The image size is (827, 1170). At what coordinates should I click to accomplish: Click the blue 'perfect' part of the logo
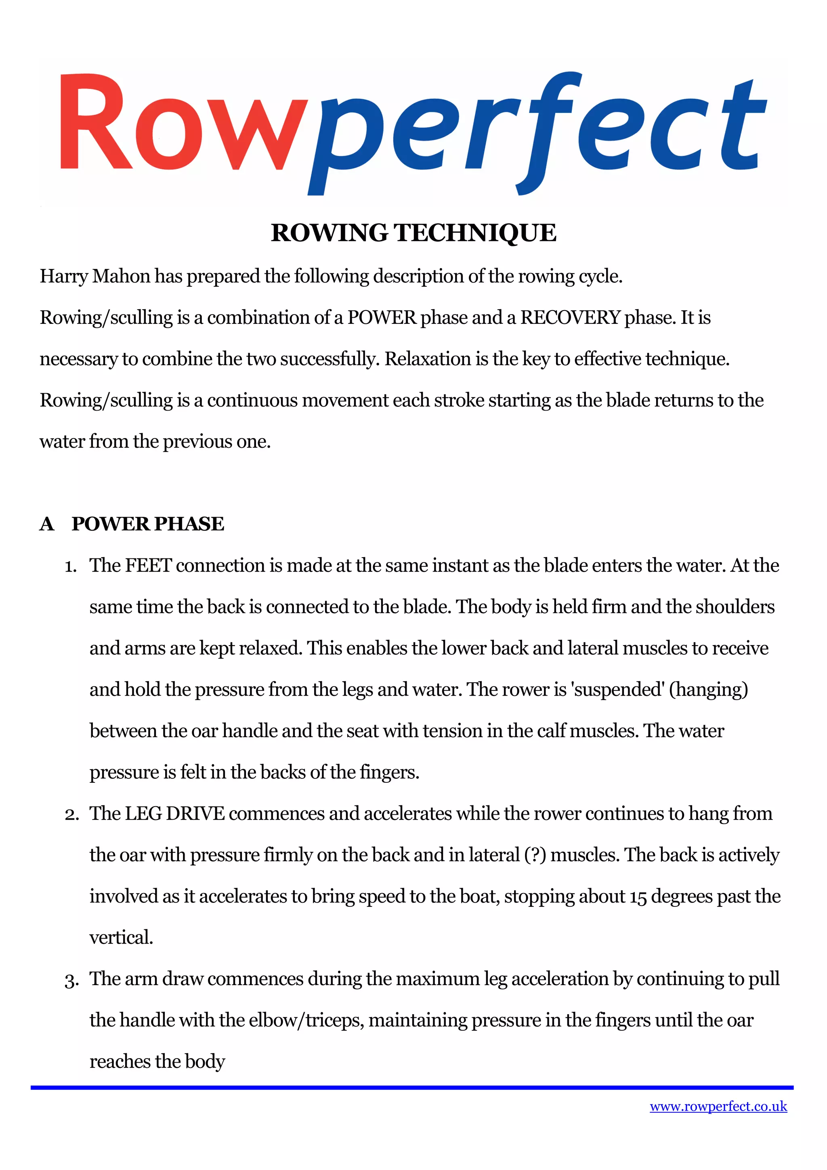click(535, 130)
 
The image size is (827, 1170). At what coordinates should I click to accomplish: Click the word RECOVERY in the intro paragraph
click(570, 318)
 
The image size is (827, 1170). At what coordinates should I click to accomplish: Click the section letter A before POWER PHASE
click(47, 524)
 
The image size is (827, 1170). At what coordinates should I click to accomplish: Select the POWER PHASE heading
click(148, 524)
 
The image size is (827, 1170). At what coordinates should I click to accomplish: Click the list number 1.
click(70, 567)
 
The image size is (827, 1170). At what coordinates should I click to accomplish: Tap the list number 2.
click(71, 815)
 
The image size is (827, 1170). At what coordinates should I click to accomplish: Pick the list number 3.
click(71, 980)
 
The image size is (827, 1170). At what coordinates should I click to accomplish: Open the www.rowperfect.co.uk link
click(718, 1106)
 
